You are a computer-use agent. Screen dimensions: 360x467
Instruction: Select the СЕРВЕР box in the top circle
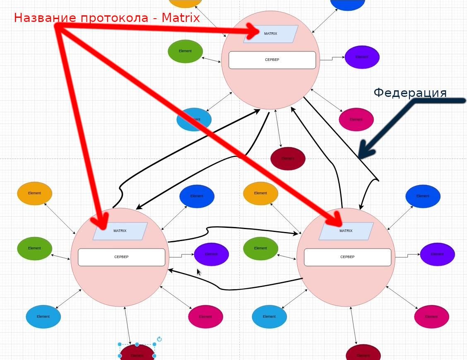click(272, 60)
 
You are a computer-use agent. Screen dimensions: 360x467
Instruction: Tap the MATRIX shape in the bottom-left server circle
click(120, 231)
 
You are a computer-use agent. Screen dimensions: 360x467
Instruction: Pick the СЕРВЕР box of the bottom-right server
click(347, 257)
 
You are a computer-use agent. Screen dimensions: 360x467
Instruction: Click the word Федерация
click(410, 93)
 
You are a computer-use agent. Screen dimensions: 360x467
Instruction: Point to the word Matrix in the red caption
click(181, 18)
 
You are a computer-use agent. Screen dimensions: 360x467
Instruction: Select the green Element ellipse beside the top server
click(185, 51)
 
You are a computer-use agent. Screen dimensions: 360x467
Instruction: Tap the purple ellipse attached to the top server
click(362, 57)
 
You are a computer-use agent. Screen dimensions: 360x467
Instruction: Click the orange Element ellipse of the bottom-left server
click(34, 193)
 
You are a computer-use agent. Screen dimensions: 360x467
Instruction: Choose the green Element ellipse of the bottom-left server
click(34, 248)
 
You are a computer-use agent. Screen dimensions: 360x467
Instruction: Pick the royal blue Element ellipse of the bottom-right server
click(423, 196)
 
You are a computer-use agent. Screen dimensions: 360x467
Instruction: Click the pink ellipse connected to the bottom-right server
click(431, 317)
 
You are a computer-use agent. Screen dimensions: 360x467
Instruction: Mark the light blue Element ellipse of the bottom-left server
click(43, 317)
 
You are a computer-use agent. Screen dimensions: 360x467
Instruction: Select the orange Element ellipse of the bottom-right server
click(260, 193)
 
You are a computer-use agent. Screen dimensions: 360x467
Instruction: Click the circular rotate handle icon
click(159, 339)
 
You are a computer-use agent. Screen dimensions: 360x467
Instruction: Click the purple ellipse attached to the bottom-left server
click(211, 254)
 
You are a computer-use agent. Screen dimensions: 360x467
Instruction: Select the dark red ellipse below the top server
click(288, 159)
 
